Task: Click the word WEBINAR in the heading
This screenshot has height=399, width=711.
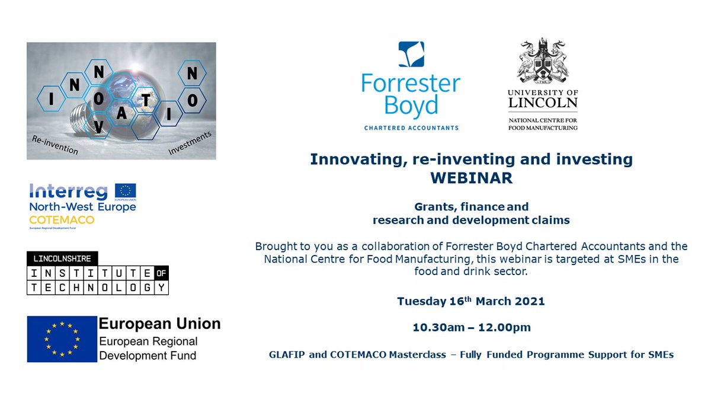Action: (471, 178)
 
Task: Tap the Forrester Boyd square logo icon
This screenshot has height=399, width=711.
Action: (411, 55)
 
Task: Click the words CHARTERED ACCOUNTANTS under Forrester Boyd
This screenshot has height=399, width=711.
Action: (411, 127)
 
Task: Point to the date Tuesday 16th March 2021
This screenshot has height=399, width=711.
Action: (471, 301)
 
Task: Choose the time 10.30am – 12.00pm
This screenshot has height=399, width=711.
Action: (471, 327)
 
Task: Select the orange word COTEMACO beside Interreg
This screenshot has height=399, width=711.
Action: (53, 219)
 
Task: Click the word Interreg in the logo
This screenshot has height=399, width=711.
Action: (68, 191)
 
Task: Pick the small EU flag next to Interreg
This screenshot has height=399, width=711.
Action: (125, 191)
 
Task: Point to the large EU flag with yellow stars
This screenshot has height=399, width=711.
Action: (62, 339)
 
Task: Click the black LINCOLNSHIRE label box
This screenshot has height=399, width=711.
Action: (62, 258)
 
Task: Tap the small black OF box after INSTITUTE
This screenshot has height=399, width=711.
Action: (161, 273)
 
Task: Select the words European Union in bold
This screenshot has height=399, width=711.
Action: (159, 324)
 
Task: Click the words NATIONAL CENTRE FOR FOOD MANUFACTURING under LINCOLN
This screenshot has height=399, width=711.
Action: (542, 124)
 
